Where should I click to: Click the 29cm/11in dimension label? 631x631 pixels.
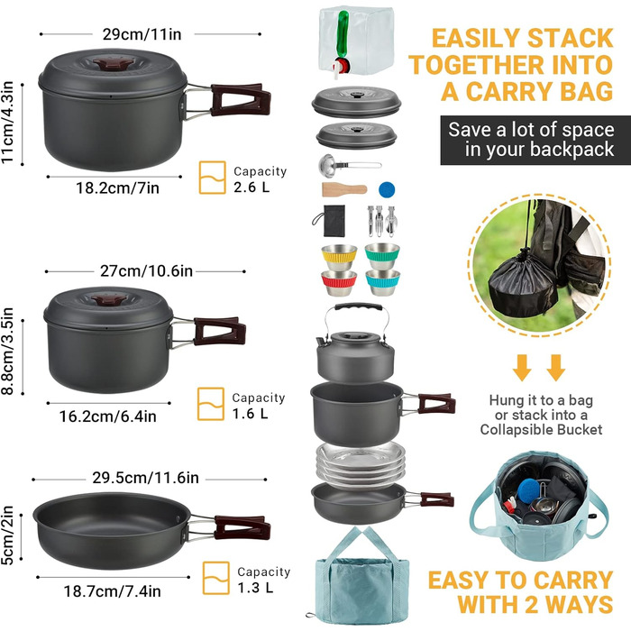[142, 34]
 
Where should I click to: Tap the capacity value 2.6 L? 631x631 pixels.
[251, 187]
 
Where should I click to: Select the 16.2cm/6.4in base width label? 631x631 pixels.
[108, 416]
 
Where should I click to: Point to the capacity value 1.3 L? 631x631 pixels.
[255, 588]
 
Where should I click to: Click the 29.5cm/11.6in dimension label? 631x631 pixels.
[145, 478]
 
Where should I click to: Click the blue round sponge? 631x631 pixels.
[387, 189]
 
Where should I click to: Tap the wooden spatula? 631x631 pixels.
[344, 189]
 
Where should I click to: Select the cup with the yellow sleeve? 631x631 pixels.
[339, 257]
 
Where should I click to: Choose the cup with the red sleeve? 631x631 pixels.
[339, 283]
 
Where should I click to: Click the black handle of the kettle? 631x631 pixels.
[358, 307]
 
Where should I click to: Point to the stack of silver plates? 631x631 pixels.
[361, 464]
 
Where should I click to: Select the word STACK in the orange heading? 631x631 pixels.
[571, 39]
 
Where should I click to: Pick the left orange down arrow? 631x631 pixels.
[522, 368]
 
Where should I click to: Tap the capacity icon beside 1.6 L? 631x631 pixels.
[210, 404]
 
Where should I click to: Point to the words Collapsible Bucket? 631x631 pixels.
[541, 430]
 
